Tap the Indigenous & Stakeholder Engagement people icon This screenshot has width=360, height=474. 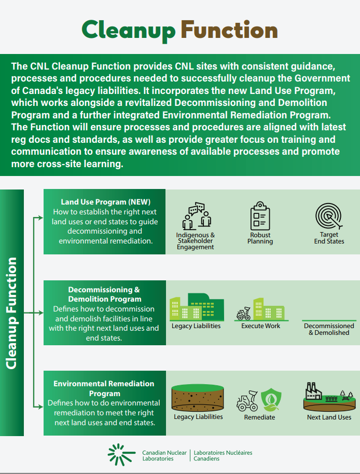point(196,216)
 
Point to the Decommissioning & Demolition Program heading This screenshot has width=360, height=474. point(104,294)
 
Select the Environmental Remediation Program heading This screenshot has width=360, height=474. point(104,388)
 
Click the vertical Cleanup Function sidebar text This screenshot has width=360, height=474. point(12,313)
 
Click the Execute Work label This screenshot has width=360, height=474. point(260,326)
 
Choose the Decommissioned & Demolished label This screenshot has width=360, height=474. point(329,329)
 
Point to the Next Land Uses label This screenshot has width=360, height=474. point(329,417)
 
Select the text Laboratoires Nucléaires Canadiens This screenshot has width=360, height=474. point(223,455)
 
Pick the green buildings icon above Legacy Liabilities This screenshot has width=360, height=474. point(197,307)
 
